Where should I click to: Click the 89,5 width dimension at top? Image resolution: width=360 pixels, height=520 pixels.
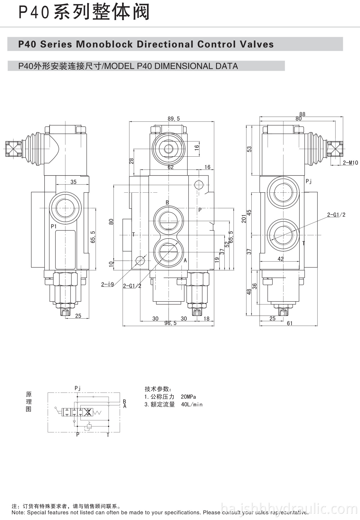click(174, 119)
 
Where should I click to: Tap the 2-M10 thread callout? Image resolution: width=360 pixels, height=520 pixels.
click(350, 163)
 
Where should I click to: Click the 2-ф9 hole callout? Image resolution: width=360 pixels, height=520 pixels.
click(107, 284)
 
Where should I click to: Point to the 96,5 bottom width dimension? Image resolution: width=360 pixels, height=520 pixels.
click(170, 323)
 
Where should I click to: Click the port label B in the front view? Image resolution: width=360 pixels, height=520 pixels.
click(167, 203)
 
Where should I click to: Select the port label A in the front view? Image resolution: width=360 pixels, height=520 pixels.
click(185, 260)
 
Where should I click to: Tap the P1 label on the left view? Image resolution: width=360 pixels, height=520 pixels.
click(54, 226)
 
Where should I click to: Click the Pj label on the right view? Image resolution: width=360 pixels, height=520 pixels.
click(309, 181)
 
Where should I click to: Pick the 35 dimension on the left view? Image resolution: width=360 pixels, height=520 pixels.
click(73, 182)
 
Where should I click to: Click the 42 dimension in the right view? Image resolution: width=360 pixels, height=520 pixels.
click(280, 259)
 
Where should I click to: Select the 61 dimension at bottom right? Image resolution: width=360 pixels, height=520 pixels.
click(289, 323)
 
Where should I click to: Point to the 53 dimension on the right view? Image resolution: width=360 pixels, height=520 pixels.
click(249, 149)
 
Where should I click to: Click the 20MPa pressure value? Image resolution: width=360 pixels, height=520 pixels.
click(188, 397)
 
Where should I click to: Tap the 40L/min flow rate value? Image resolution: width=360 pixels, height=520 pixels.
click(192, 404)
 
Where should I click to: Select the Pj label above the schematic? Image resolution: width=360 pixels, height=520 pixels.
click(78, 388)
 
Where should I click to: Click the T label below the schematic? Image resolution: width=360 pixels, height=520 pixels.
click(108, 435)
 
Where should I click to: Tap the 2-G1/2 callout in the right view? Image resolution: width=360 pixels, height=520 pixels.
click(336, 215)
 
